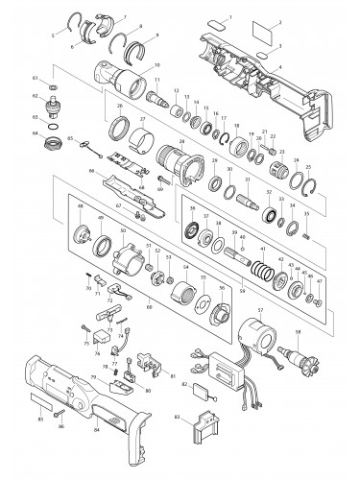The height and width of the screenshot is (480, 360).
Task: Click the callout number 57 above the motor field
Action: pyautogui.click(x=256, y=312)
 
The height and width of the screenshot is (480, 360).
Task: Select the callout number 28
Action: pyautogui.click(x=180, y=140)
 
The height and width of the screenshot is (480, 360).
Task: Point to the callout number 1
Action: pyautogui.click(x=229, y=17)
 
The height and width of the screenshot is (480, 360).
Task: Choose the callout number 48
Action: pyautogui.click(x=80, y=206)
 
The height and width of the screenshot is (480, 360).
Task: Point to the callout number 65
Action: pyautogui.click(x=70, y=140)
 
